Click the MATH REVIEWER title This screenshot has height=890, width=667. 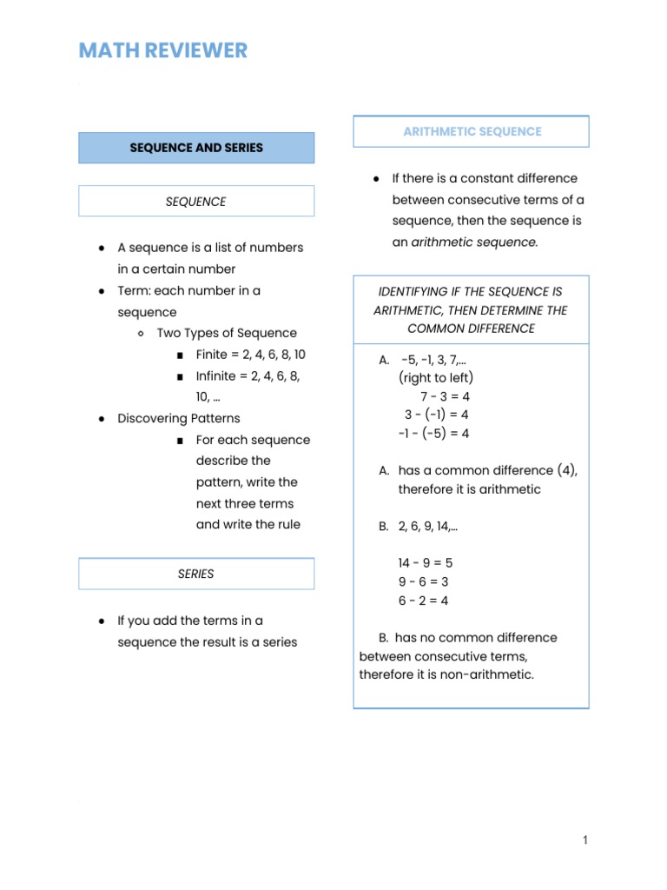[163, 50]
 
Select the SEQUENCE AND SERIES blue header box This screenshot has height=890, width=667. [196, 148]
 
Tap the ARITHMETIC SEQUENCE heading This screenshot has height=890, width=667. [472, 131]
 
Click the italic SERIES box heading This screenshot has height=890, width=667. [196, 574]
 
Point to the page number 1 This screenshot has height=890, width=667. [585, 840]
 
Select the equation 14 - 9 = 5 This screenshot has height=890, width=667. [426, 563]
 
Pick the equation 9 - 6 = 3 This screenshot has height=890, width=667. [424, 582]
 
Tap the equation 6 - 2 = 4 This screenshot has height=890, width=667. [424, 601]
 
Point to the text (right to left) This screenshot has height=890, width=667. [436, 377]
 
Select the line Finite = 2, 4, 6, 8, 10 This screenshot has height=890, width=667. [251, 355]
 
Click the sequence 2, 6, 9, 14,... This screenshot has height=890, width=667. [428, 526]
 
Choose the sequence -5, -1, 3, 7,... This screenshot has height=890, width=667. [438, 359]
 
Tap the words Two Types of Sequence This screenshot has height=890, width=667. [227, 333]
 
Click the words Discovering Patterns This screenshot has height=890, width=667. [179, 418]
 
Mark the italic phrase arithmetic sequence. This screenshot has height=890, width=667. [474, 242]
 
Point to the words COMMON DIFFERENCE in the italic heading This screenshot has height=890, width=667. [471, 329]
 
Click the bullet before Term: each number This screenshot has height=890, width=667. [102, 291]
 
